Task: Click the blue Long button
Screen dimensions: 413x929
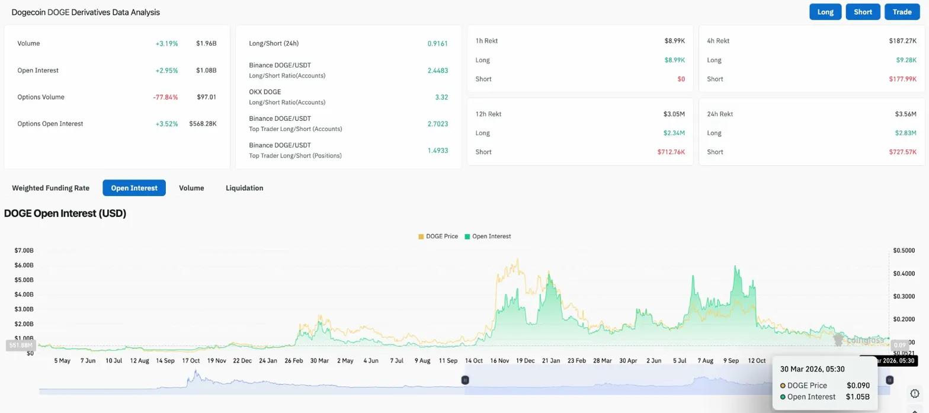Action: tap(825, 12)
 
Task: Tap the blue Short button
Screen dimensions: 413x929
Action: tap(863, 12)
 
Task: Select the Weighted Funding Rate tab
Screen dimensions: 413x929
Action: tap(50, 188)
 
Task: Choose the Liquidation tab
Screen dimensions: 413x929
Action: tap(244, 188)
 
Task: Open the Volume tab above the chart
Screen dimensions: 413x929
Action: tap(191, 188)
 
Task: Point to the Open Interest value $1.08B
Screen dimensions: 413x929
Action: tap(206, 71)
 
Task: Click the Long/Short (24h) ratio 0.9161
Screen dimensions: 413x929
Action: tap(437, 44)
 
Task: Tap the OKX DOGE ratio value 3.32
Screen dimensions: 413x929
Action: tap(441, 97)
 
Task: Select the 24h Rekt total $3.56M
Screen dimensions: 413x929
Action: tap(906, 114)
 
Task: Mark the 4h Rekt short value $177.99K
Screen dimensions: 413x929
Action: tap(902, 79)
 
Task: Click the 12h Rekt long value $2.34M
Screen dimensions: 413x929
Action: tap(672, 133)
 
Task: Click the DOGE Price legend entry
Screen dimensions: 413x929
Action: tap(438, 236)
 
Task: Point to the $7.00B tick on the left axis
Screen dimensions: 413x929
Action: tap(24, 251)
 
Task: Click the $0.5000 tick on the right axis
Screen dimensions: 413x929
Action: tap(904, 251)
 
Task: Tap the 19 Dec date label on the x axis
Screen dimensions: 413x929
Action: tap(525, 360)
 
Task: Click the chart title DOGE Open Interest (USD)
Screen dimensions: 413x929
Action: tap(65, 213)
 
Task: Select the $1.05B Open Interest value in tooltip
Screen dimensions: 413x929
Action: tap(857, 397)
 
